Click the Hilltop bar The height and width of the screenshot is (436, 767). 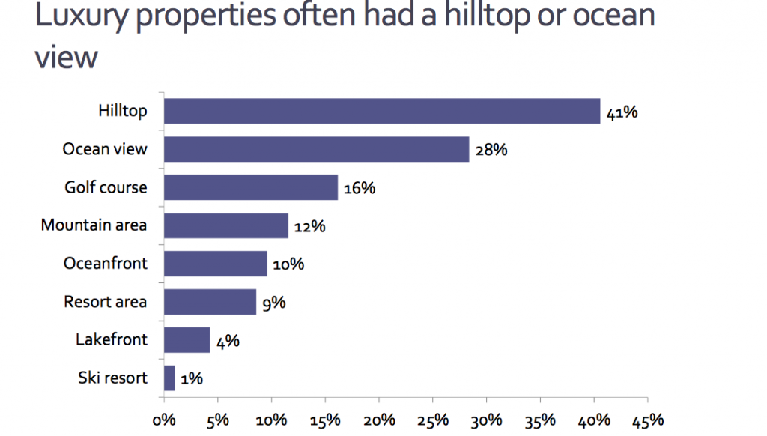click(x=382, y=111)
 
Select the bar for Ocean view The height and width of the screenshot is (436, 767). click(x=316, y=149)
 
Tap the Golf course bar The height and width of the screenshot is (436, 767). click(x=251, y=187)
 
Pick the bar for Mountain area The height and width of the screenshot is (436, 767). click(x=226, y=225)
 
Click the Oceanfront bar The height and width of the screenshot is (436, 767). click(x=216, y=264)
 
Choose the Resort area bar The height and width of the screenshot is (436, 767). click(x=210, y=302)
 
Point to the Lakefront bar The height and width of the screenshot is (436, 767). click(x=187, y=340)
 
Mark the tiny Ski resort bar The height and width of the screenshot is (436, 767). click(x=169, y=378)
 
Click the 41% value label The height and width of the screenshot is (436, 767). click(x=622, y=113)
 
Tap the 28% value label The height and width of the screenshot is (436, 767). click(x=492, y=150)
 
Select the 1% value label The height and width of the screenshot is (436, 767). click(x=192, y=379)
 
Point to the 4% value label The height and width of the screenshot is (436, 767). click(x=228, y=341)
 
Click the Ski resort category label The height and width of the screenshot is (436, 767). click(x=112, y=378)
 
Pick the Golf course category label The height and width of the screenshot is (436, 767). click(x=106, y=187)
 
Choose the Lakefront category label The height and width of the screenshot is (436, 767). click(x=112, y=339)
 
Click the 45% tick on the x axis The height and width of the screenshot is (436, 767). click(x=647, y=419)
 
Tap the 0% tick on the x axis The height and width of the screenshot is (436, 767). click(x=164, y=419)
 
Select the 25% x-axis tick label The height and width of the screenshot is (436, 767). click(x=433, y=419)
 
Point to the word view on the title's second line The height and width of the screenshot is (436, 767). click(x=66, y=57)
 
